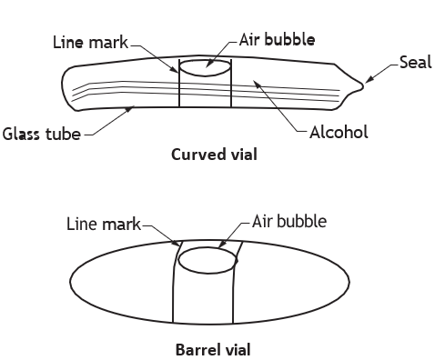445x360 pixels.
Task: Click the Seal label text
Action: pos(416,62)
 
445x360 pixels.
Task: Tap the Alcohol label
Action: pos(339,133)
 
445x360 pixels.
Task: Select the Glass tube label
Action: pos(42,134)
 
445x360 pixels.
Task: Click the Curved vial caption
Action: pos(214,155)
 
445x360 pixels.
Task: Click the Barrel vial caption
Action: pos(213,350)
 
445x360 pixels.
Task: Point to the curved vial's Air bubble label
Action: pos(277,40)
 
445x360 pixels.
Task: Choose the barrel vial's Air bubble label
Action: pos(289,221)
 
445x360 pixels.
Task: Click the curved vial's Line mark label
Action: pos(90,42)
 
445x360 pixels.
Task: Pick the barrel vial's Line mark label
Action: pos(104,225)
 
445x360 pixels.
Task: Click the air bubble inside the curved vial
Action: pos(205,67)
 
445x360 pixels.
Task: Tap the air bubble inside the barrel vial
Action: pos(207,260)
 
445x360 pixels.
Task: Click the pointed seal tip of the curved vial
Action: pos(362,85)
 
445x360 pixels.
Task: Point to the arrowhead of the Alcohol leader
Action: pos(257,85)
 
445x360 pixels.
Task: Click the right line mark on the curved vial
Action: pos(231,83)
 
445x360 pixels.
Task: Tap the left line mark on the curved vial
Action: pos(179,83)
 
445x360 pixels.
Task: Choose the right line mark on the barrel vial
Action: pos(234,282)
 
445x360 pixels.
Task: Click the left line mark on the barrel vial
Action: pos(174,282)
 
